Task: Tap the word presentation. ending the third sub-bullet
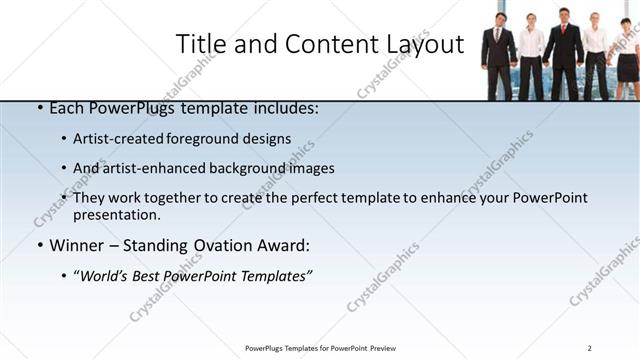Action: pos(117,215)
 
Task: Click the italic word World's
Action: pos(105,275)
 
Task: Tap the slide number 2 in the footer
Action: pos(590,348)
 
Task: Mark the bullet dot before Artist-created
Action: pos(64,139)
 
